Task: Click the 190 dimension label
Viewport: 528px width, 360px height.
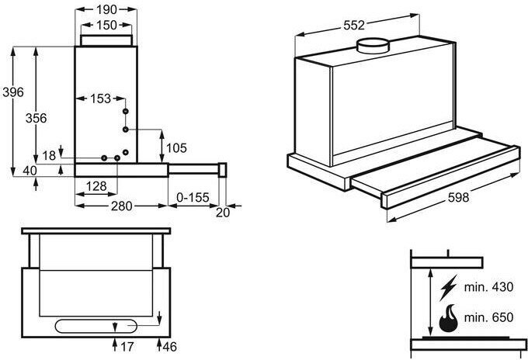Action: click(106, 10)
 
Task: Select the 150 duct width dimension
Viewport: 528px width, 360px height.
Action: click(106, 26)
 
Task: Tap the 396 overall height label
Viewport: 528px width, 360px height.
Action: click(13, 92)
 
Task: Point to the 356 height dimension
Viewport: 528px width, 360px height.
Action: click(36, 118)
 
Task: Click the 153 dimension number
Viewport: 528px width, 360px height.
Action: click(100, 99)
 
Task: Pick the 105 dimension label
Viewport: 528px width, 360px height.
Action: click(176, 148)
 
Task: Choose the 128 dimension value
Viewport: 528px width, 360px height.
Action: click(96, 186)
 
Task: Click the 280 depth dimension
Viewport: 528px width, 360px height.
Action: click(122, 206)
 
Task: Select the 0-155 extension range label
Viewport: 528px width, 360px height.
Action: click(193, 198)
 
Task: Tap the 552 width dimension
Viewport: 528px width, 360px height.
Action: click(354, 26)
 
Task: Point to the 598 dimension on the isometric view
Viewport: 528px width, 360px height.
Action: click(458, 197)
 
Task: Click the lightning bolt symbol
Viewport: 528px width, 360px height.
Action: click(449, 287)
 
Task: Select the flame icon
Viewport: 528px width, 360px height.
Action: click(449, 318)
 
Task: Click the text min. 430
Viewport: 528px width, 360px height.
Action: click(488, 287)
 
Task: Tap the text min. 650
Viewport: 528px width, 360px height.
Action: click(488, 317)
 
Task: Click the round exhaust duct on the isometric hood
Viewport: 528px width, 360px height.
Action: click(373, 46)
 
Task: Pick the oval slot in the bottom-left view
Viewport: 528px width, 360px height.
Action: click(96, 327)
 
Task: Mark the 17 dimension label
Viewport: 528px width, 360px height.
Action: click(127, 347)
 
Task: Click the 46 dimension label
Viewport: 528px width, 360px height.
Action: click(169, 347)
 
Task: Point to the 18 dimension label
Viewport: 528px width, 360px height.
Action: click(49, 156)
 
